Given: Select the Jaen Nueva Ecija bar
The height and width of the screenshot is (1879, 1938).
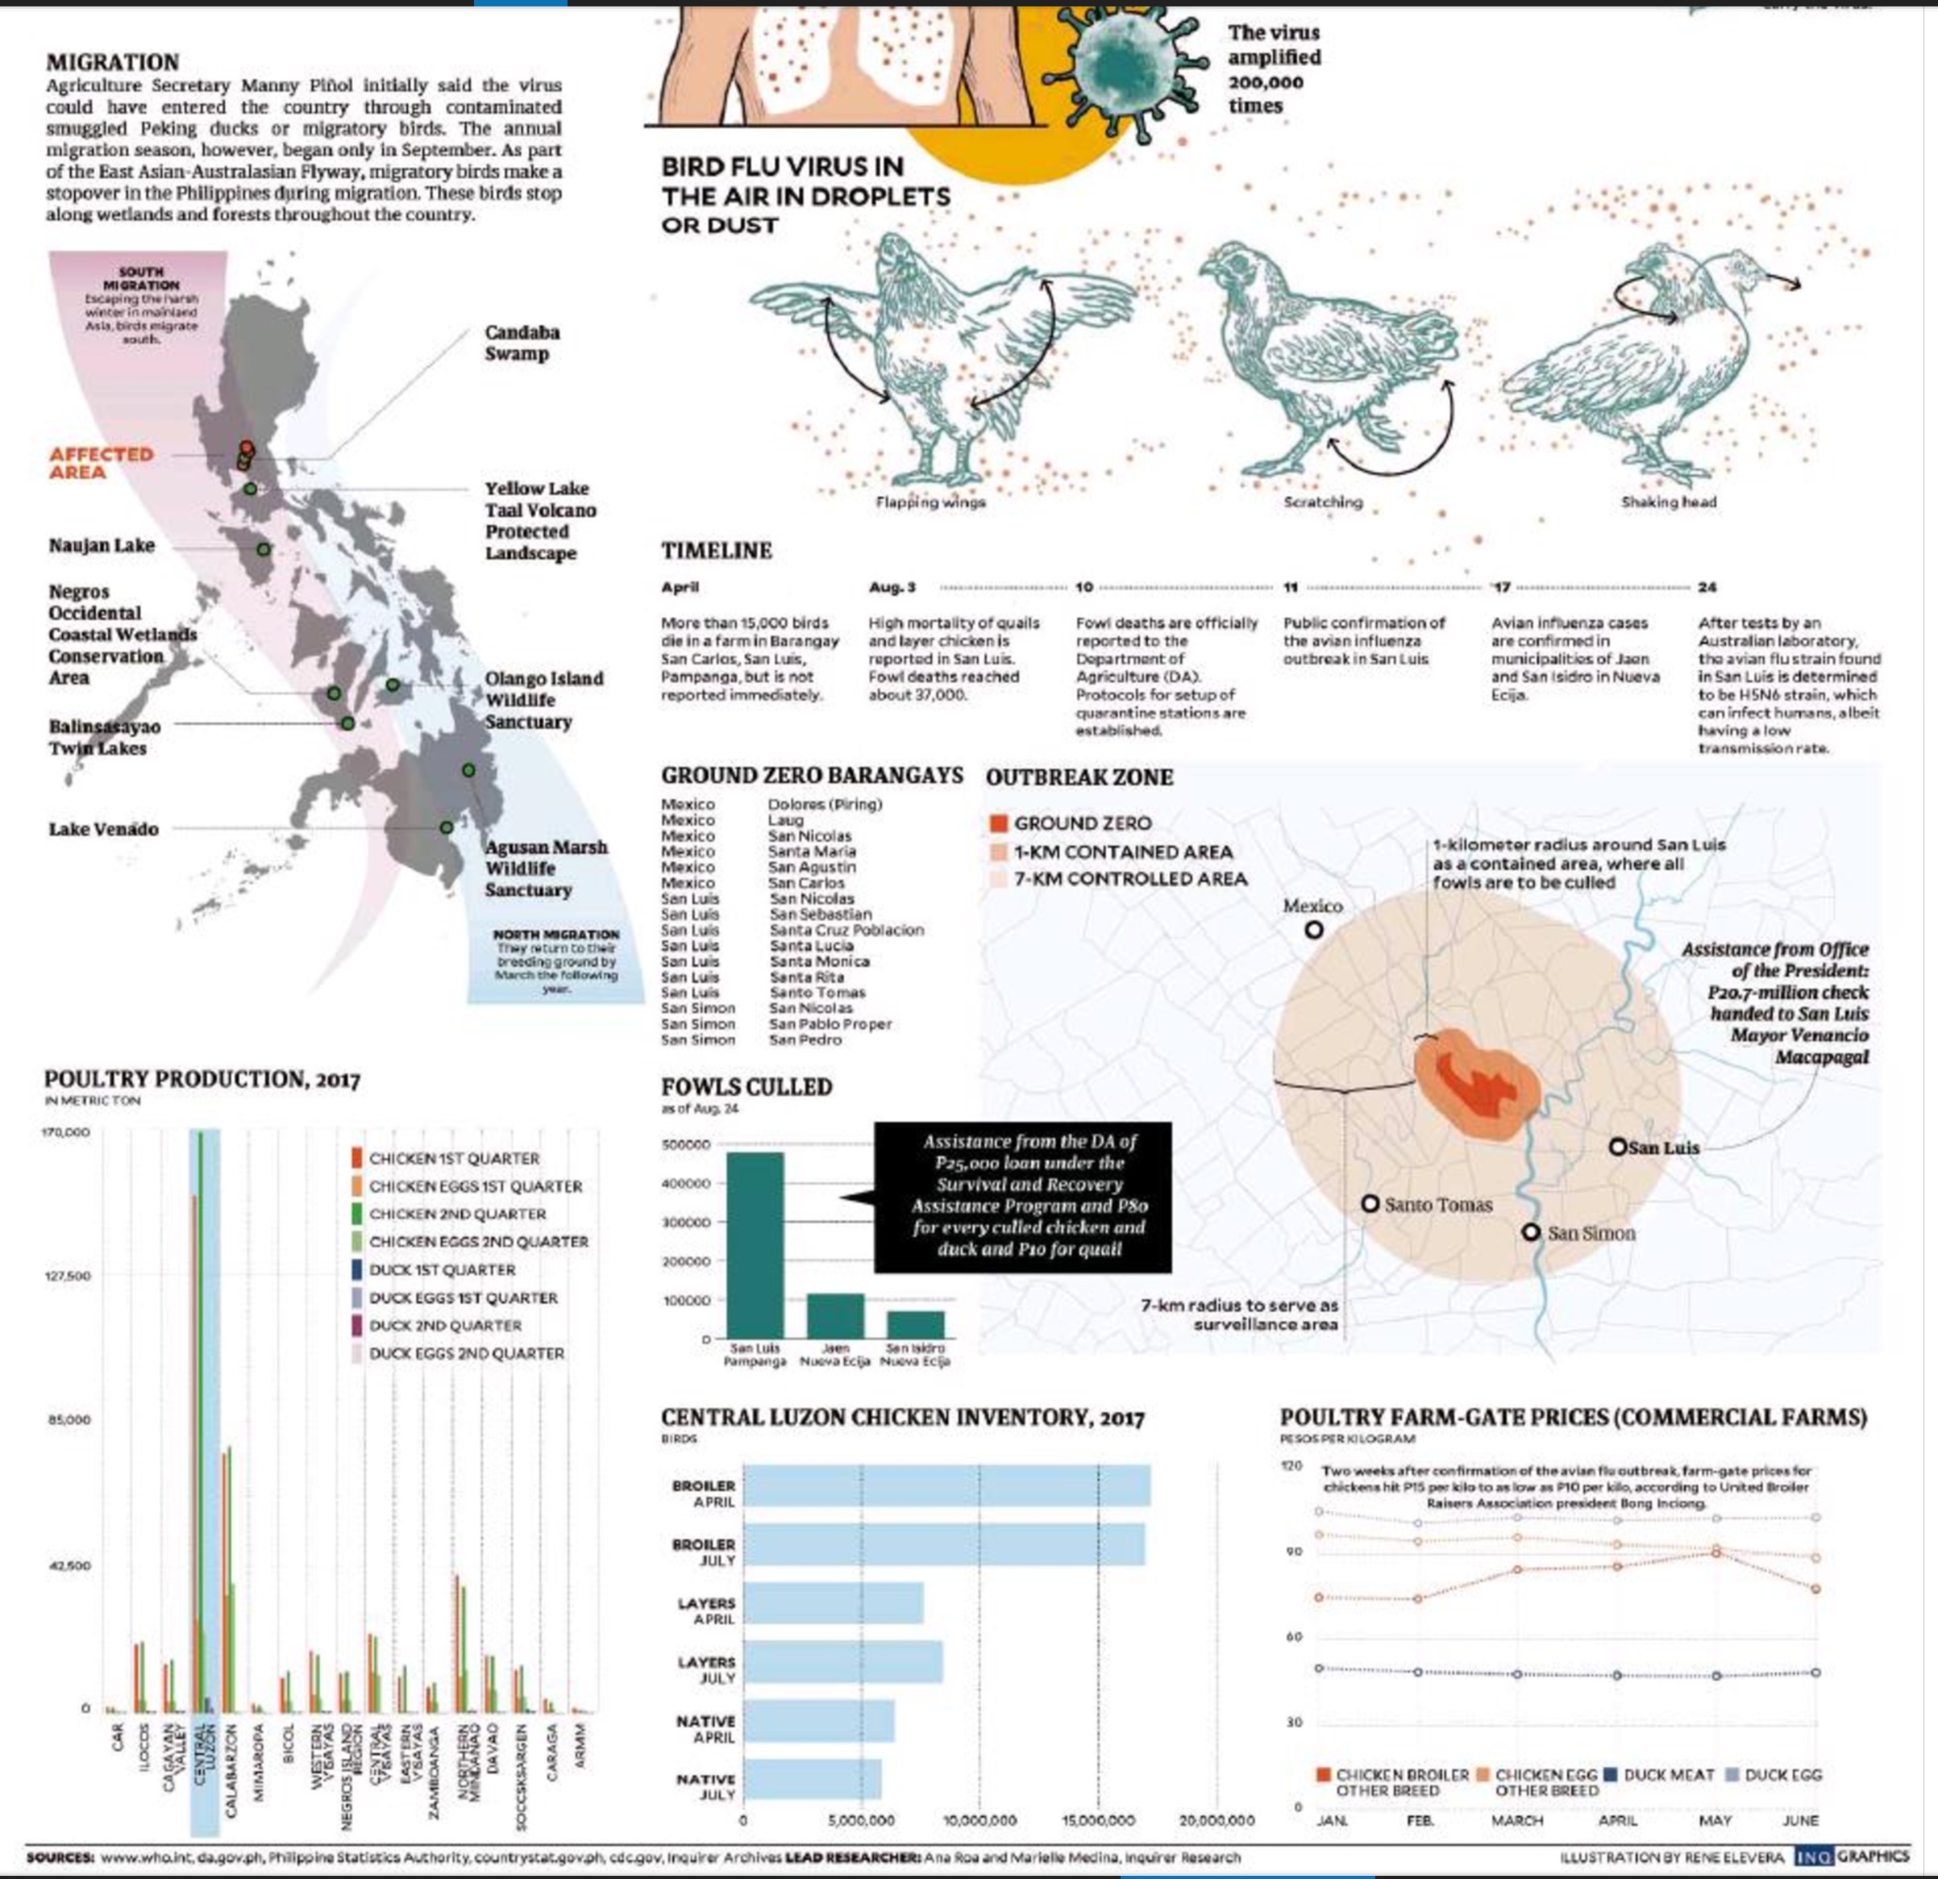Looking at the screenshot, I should point(835,1315).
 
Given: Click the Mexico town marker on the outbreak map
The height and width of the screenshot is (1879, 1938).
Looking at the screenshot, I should point(1313,930).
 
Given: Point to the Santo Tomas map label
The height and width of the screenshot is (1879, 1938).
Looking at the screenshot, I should point(1437,1205).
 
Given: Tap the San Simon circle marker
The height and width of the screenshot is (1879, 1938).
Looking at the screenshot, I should point(1531,1232).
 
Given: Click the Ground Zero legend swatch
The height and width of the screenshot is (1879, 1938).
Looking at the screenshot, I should point(999,823).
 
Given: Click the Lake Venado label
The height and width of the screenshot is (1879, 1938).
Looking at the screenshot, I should point(104,829).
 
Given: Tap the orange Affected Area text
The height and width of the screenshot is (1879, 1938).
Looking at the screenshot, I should point(102,463).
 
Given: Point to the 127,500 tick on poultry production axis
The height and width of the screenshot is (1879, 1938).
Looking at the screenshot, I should point(65,1276).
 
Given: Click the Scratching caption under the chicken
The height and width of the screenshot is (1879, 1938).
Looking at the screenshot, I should point(1322,502).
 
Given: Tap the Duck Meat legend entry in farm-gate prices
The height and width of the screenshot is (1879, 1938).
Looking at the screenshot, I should point(1662,1775).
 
